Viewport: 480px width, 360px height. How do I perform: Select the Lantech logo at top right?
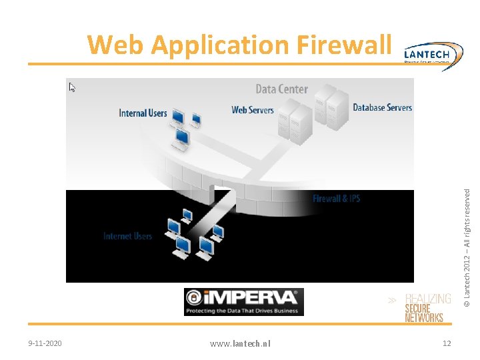tap(434, 53)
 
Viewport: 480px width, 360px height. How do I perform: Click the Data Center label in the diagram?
tap(282, 89)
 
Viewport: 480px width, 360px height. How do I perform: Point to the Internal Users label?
tap(143, 113)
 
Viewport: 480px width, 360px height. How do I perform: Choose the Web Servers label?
tap(253, 109)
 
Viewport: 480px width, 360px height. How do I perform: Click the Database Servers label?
tap(382, 107)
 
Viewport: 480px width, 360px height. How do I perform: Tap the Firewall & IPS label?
tap(336, 199)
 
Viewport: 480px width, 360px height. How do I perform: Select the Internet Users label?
tap(127, 236)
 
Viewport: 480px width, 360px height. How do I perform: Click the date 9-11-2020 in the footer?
tap(45, 343)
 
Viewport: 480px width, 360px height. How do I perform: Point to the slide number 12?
tap(447, 343)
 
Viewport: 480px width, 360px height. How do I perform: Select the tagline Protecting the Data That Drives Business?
tap(243, 310)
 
